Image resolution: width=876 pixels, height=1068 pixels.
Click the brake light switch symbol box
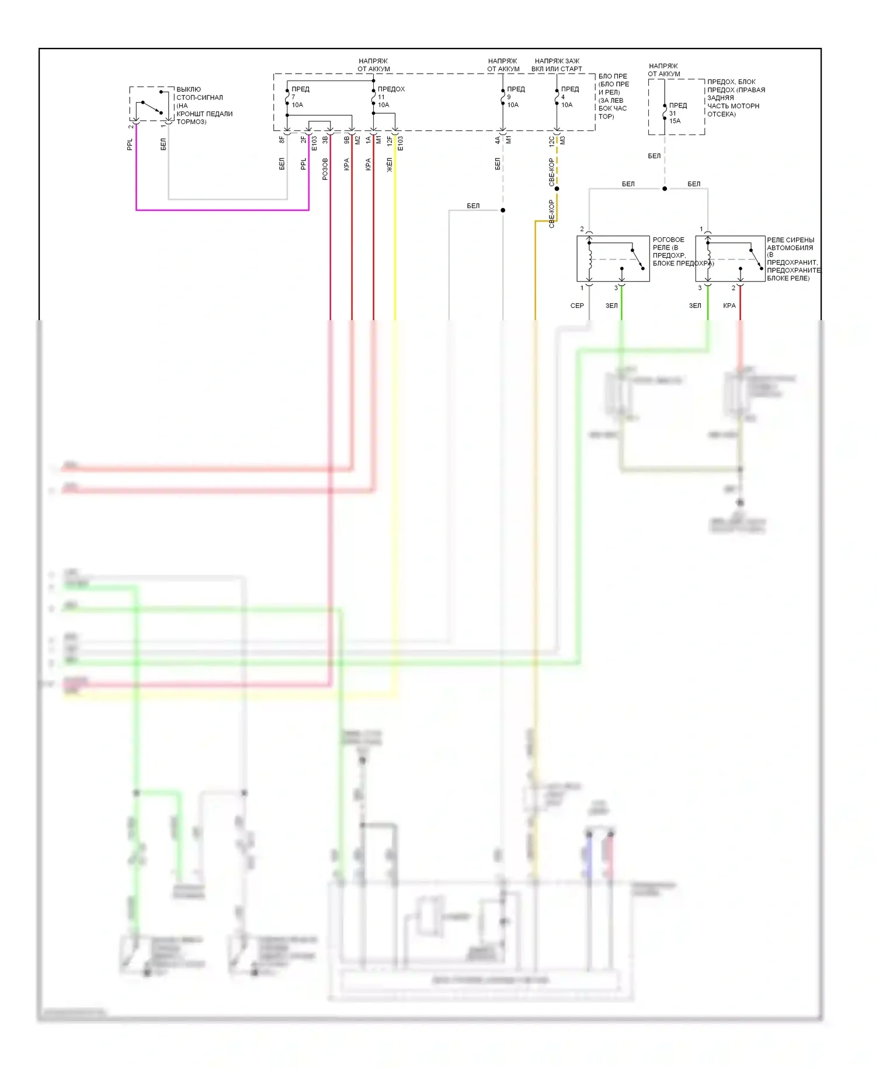151,104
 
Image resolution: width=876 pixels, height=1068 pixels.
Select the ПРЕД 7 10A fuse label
299,97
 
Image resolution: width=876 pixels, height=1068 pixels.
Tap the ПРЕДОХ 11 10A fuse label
390,97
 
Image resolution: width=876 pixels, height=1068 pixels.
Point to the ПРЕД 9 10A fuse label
515,97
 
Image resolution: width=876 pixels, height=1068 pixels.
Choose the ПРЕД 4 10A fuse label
568,97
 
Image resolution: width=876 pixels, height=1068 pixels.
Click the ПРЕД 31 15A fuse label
677,113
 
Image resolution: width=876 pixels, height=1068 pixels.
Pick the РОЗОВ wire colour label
325,169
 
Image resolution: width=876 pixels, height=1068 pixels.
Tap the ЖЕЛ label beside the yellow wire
390,165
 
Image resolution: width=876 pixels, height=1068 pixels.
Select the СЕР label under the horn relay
577,306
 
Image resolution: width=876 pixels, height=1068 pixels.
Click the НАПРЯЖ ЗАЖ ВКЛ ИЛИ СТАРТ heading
557,65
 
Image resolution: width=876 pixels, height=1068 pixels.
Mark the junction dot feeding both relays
665,189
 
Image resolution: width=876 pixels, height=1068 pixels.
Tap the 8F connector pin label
281,140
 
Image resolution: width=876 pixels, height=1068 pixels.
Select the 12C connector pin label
551,141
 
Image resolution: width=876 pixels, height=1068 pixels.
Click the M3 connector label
563,140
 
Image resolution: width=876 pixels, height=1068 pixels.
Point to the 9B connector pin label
346,140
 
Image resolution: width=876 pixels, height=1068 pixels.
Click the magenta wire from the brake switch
222,210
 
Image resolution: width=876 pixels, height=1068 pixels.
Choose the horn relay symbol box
613,259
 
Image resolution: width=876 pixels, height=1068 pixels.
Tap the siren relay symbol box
730,259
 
